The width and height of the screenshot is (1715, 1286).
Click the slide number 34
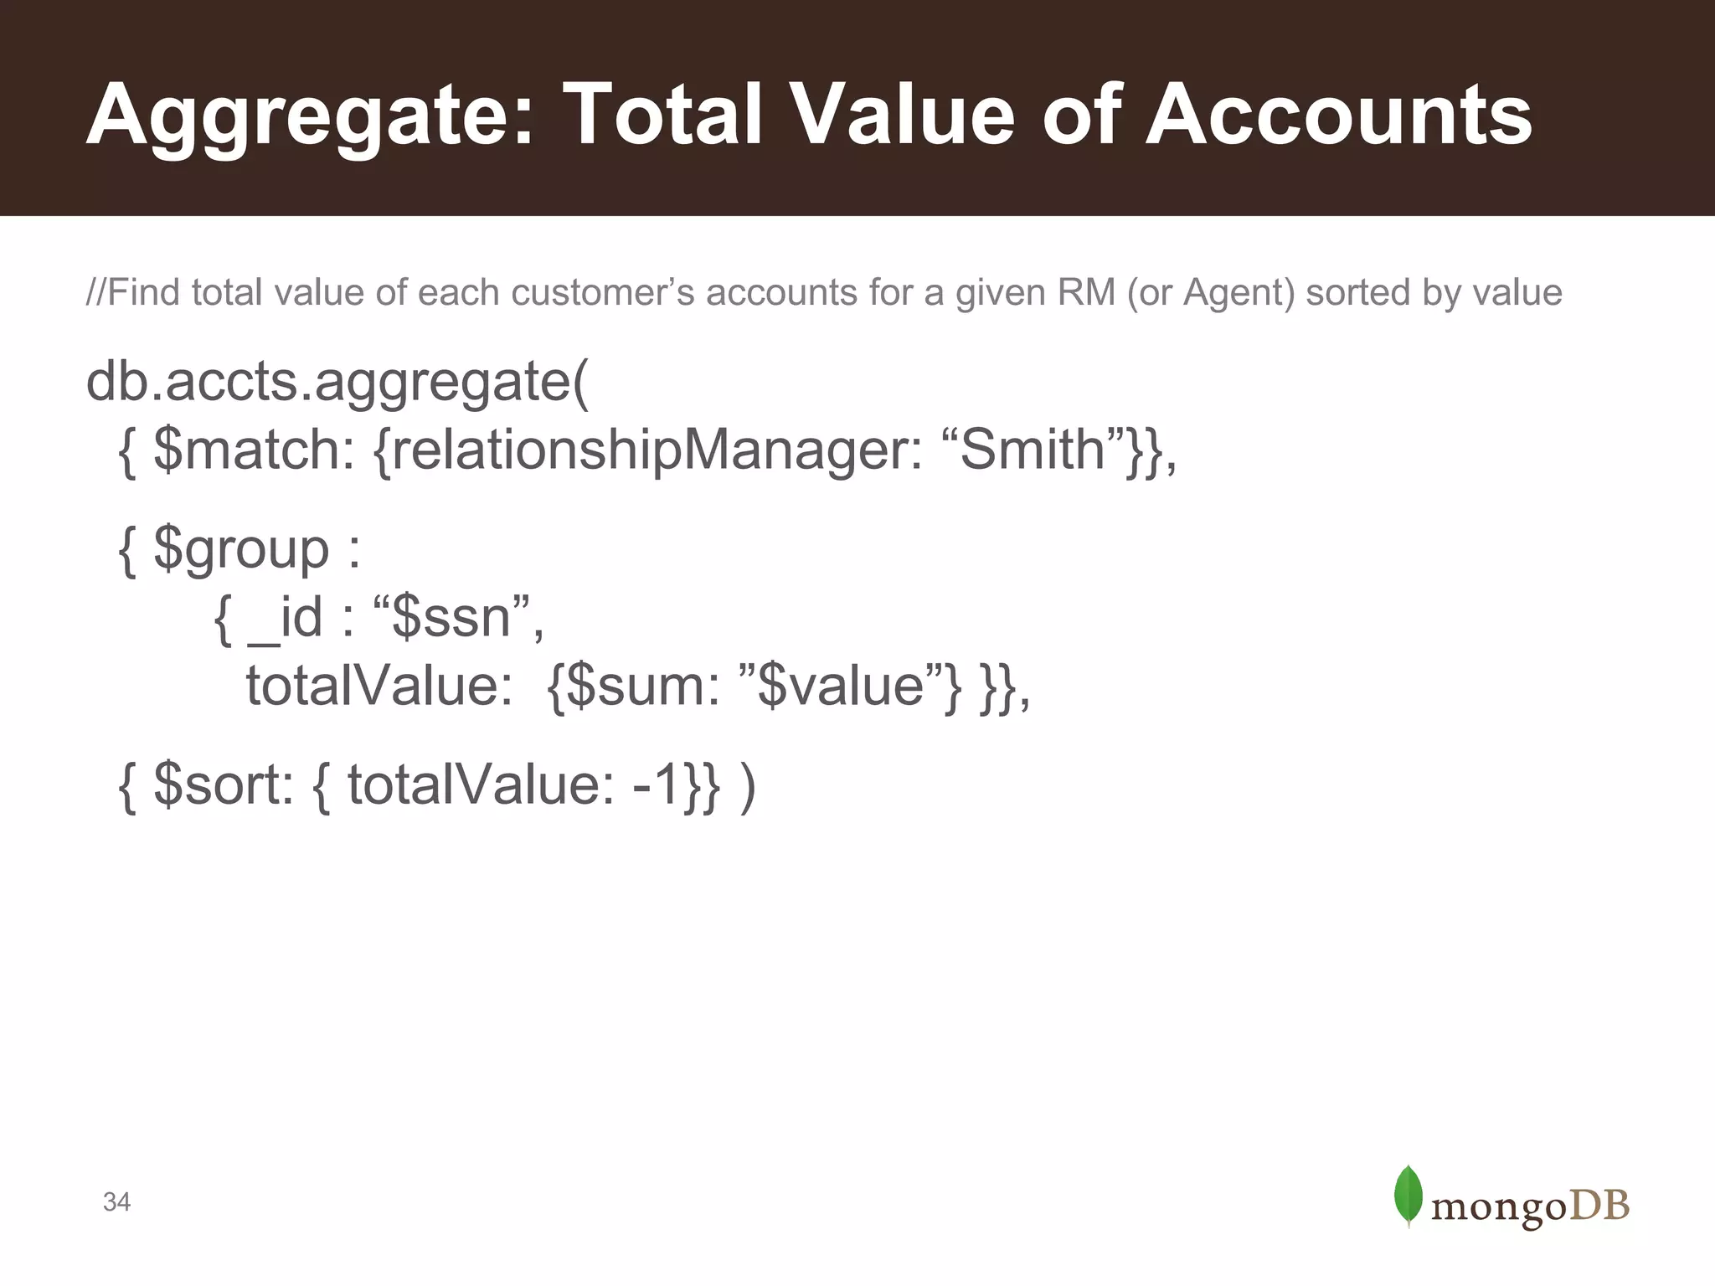(x=116, y=1202)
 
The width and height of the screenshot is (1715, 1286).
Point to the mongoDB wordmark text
(x=1530, y=1206)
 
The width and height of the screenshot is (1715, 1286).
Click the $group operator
(x=241, y=551)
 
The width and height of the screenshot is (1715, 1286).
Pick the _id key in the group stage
(x=285, y=619)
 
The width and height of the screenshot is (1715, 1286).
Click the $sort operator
(x=223, y=785)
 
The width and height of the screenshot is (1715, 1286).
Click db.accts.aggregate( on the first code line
(x=337, y=383)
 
